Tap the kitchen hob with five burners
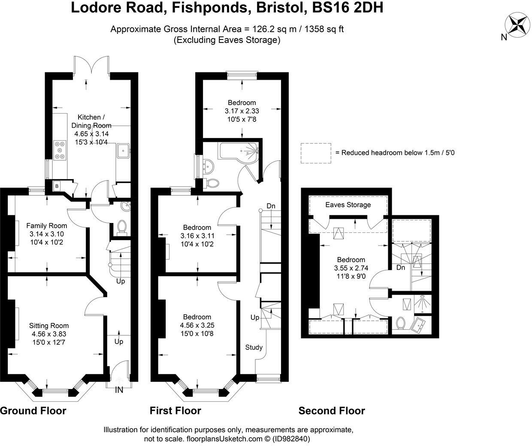(60, 150)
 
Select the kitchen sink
(123, 151)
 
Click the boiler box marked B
(57, 186)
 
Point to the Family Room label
(47, 226)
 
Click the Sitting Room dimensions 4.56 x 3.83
(49, 334)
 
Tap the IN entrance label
(119, 390)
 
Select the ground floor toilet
(122, 227)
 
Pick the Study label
(254, 347)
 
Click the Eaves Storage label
(348, 205)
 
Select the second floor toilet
(401, 323)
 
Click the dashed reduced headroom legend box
(316, 153)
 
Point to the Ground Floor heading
(33, 411)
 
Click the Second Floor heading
(332, 411)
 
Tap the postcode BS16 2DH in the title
(348, 8)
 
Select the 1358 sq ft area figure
(324, 29)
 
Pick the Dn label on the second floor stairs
(401, 268)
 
